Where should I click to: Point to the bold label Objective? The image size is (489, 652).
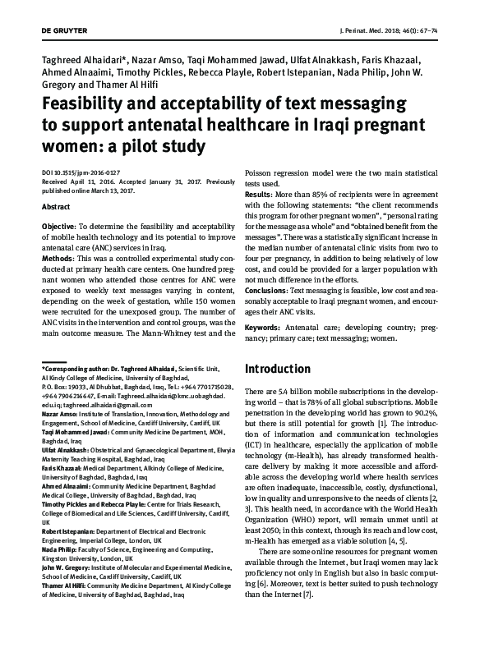point(58,225)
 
